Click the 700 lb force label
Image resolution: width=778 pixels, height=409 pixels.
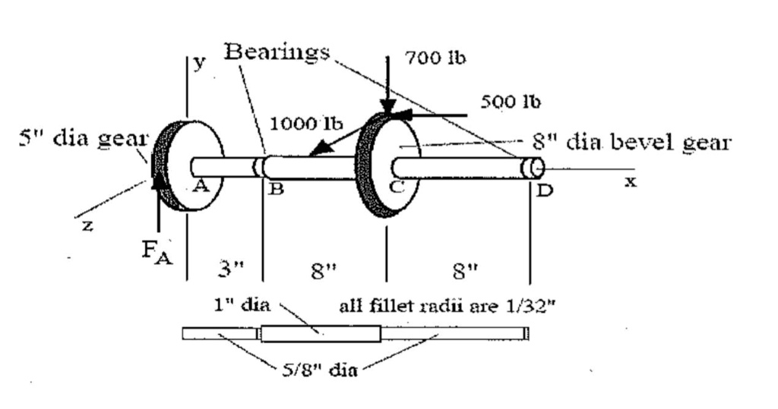click(x=435, y=58)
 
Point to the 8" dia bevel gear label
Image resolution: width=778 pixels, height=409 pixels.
click(x=630, y=142)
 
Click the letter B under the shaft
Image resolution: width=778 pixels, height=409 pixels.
click(x=277, y=190)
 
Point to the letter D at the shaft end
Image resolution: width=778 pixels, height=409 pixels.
click(x=544, y=190)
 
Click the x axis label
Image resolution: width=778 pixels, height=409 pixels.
click(x=630, y=183)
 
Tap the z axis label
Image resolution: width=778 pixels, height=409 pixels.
click(x=87, y=227)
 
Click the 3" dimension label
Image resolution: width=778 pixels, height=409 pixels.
click(x=226, y=269)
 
